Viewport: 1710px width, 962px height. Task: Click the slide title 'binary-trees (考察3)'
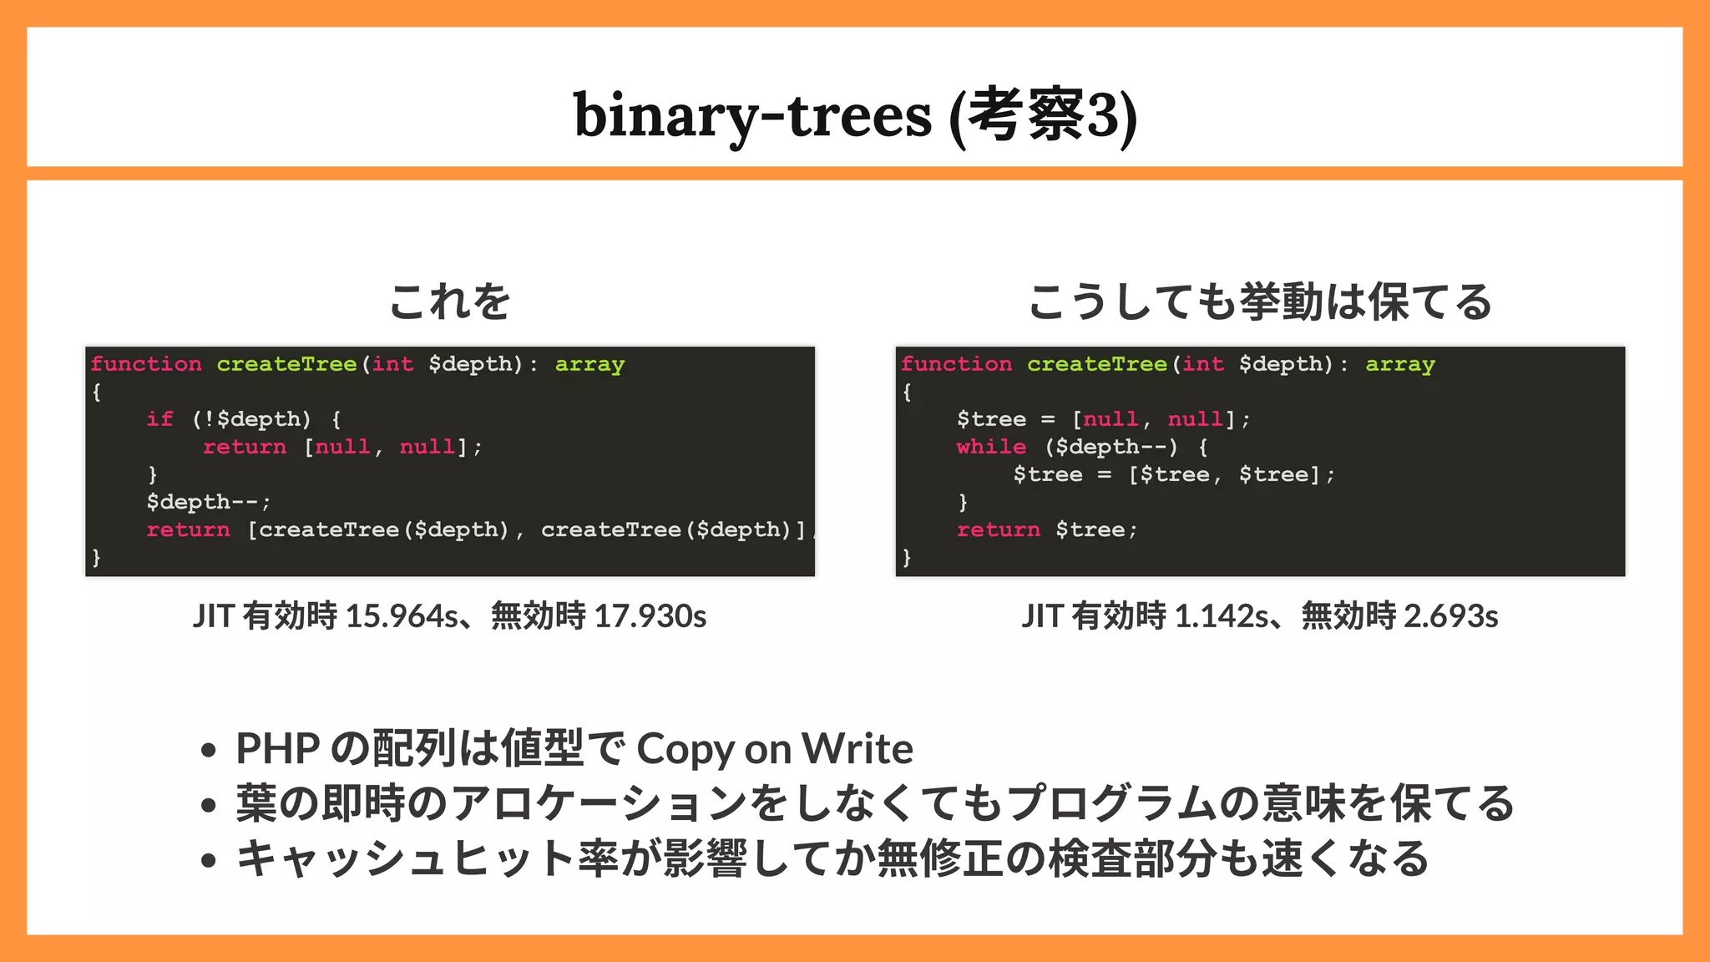tap(855, 114)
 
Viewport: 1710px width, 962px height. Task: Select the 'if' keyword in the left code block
tap(159, 418)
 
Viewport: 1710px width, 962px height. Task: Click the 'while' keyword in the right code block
tap(991, 446)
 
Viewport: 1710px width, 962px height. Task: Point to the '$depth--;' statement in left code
tap(208, 502)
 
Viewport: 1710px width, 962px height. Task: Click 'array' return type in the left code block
tap(589, 364)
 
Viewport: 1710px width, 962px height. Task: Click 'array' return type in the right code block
tap(1400, 364)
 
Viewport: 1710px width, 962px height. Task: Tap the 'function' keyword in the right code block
tap(956, 364)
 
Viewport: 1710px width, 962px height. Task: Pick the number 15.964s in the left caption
tap(402, 616)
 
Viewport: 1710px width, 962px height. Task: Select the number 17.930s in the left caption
tap(650, 616)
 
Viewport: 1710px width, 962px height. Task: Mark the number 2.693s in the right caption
tap(1450, 616)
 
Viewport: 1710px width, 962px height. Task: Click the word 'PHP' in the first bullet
tap(277, 748)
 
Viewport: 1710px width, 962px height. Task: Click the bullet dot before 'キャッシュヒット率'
tap(209, 860)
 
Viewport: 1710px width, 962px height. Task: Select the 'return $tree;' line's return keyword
tap(998, 529)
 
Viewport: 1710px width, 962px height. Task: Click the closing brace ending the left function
tap(97, 557)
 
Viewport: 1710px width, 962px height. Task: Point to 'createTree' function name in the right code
tap(1096, 364)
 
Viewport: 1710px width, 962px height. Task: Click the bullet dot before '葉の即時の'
tap(209, 805)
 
